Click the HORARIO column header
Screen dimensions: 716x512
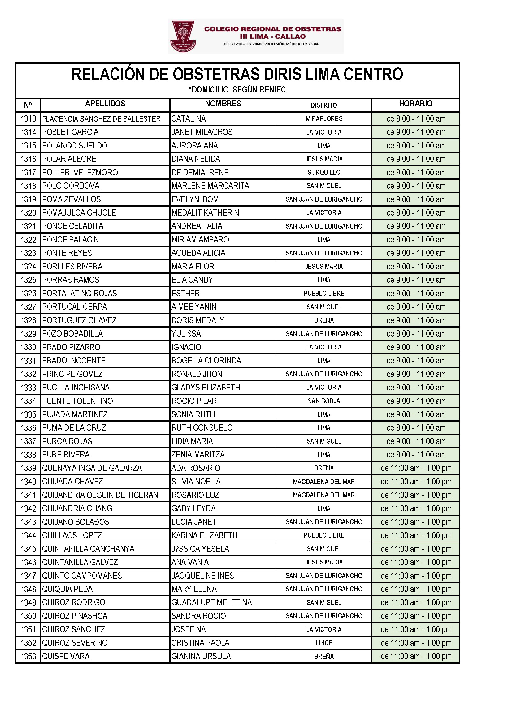coord(415,104)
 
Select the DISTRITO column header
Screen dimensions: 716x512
coord(323,105)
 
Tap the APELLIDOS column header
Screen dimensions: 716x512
coord(105,104)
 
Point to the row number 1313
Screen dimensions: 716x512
coord(28,119)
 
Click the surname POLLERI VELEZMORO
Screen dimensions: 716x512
coord(80,173)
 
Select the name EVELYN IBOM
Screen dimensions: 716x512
coord(195,199)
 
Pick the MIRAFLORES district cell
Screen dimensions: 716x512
coord(324,119)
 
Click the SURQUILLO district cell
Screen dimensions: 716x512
coord(324,173)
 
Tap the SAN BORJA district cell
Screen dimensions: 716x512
coord(324,401)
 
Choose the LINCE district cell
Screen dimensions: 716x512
coord(324,643)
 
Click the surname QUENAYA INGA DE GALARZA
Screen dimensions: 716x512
coord(92,468)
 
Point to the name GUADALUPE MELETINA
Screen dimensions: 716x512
coord(211,602)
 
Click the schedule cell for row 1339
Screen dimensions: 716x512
coord(416,468)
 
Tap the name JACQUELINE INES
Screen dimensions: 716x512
coord(202,576)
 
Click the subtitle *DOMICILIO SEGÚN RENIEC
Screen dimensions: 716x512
coord(237,90)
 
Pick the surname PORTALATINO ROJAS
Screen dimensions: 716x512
coord(80,294)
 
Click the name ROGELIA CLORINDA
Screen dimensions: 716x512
coord(206,361)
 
